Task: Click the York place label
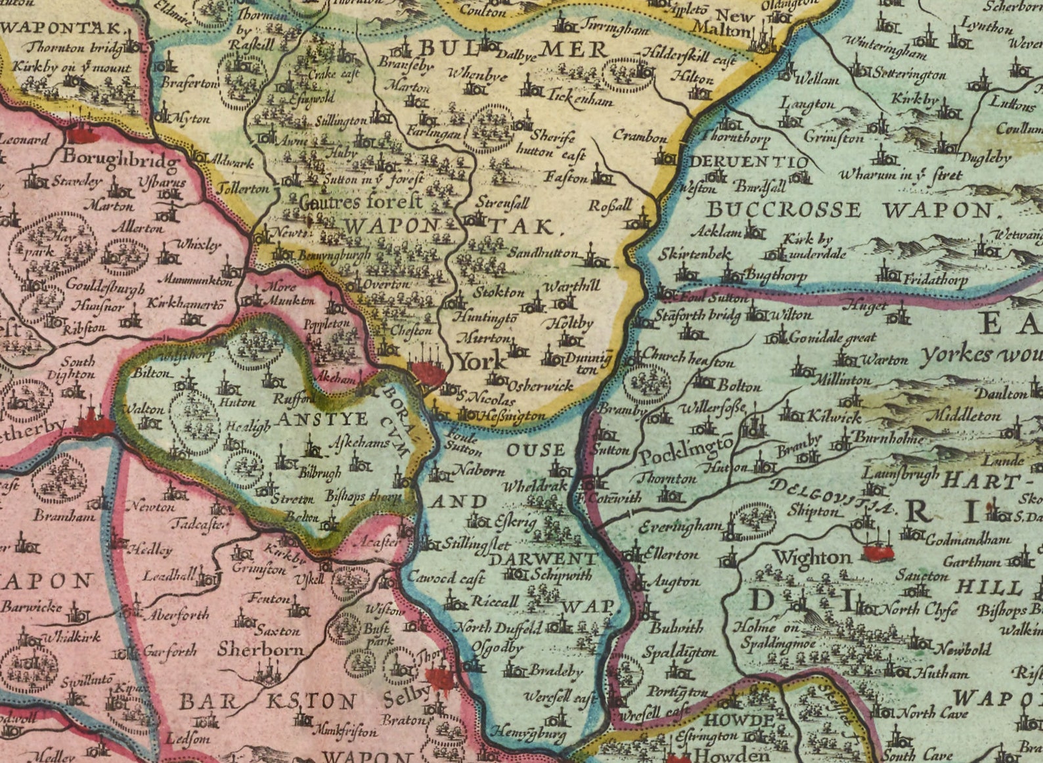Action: click(x=481, y=361)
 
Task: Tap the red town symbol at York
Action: click(x=429, y=372)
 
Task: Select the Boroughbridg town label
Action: click(x=120, y=160)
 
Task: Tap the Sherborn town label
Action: click(x=261, y=649)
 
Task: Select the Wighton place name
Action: click(x=812, y=557)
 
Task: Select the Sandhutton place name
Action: click(x=543, y=253)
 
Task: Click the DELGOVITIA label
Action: click(x=832, y=497)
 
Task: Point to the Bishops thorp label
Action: click(x=363, y=496)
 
